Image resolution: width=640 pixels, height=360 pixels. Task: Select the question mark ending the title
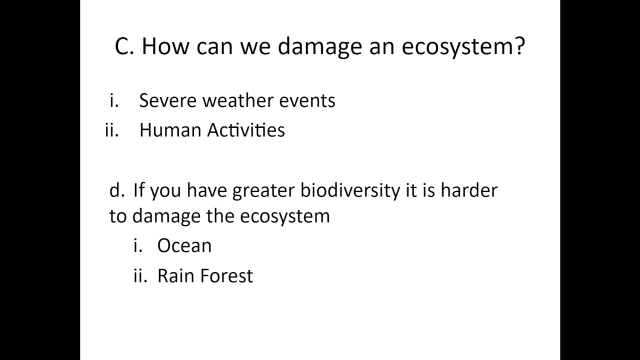[518, 46]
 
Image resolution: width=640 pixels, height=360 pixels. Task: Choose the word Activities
[246, 130]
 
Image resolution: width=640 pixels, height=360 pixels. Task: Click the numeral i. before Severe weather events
[114, 100]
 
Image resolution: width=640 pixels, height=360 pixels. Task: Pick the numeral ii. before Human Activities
[112, 130]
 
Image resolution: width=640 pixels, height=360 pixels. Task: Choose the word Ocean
[184, 245]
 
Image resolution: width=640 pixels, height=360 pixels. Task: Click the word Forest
[229, 275]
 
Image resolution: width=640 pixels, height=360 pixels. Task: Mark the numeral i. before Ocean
[138, 245]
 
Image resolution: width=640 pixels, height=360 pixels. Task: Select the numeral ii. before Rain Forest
[140, 275]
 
